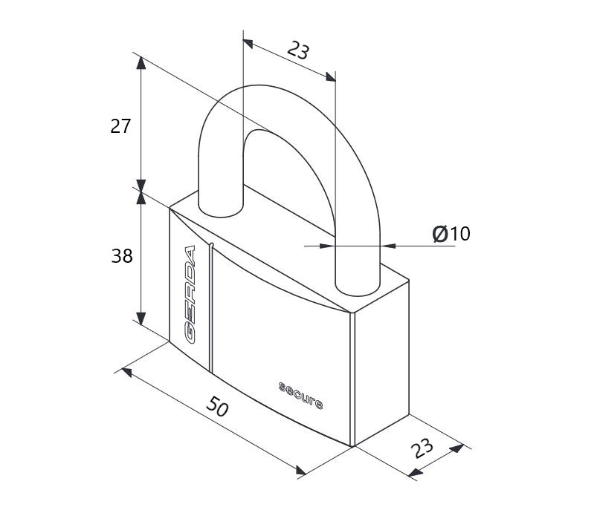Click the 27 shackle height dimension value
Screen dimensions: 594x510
(120, 126)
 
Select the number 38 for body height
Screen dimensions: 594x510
(122, 256)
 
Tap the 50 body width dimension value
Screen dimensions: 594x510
(217, 407)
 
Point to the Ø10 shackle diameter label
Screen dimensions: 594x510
(451, 233)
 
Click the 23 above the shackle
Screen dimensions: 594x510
(299, 50)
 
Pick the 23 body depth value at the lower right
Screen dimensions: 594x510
(422, 448)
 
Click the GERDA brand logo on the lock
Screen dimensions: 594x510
(190, 295)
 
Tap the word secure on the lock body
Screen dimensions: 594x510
(301, 396)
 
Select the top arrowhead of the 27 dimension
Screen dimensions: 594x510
(141, 63)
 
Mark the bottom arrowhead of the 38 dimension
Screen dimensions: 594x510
(141, 318)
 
